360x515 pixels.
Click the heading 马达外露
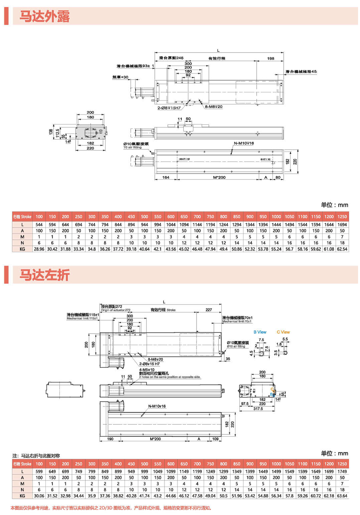44,17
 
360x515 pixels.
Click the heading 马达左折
44,275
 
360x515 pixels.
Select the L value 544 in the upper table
39,225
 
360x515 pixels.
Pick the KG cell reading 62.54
342,249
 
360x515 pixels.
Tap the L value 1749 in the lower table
342,471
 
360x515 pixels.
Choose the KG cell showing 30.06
39,496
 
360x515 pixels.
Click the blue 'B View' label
260,332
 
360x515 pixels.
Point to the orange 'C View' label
283,332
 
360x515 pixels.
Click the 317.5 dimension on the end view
258,409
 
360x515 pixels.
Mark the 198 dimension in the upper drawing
271,58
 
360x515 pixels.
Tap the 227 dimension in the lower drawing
209,310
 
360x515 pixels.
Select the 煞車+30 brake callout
120,77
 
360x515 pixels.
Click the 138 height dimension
51,132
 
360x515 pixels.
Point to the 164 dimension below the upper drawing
166,177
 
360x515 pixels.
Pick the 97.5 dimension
245,404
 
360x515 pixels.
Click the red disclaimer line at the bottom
111,508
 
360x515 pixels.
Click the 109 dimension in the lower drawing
215,439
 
